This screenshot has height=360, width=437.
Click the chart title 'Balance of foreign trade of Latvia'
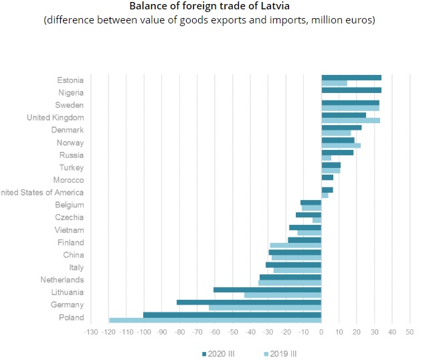pyautogui.click(x=210, y=7)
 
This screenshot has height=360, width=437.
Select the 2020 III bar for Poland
pyautogui.click(x=232, y=314)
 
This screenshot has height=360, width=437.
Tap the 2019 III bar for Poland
pyautogui.click(x=215, y=321)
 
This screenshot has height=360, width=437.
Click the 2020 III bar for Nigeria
pyautogui.click(x=351, y=90)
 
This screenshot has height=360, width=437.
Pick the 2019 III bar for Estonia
pyautogui.click(x=334, y=84)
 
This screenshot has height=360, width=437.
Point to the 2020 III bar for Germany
pyautogui.click(x=249, y=302)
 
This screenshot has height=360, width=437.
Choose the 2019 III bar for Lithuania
pyautogui.click(x=282, y=295)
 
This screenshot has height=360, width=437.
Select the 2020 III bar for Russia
pyautogui.click(x=337, y=152)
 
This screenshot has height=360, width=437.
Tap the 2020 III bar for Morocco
pyautogui.click(x=327, y=177)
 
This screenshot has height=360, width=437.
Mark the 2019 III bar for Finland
pyautogui.click(x=295, y=246)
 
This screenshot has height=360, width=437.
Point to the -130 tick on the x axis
pyautogui.click(x=90, y=332)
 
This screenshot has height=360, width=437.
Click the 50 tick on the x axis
pyautogui.click(x=410, y=332)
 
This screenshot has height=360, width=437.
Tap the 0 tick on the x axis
pyautogui.click(x=321, y=332)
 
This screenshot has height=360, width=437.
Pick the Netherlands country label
pyautogui.click(x=62, y=280)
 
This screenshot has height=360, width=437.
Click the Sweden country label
pyautogui.click(x=70, y=105)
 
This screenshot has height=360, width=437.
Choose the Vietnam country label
pyautogui.click(x=70, y=230)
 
